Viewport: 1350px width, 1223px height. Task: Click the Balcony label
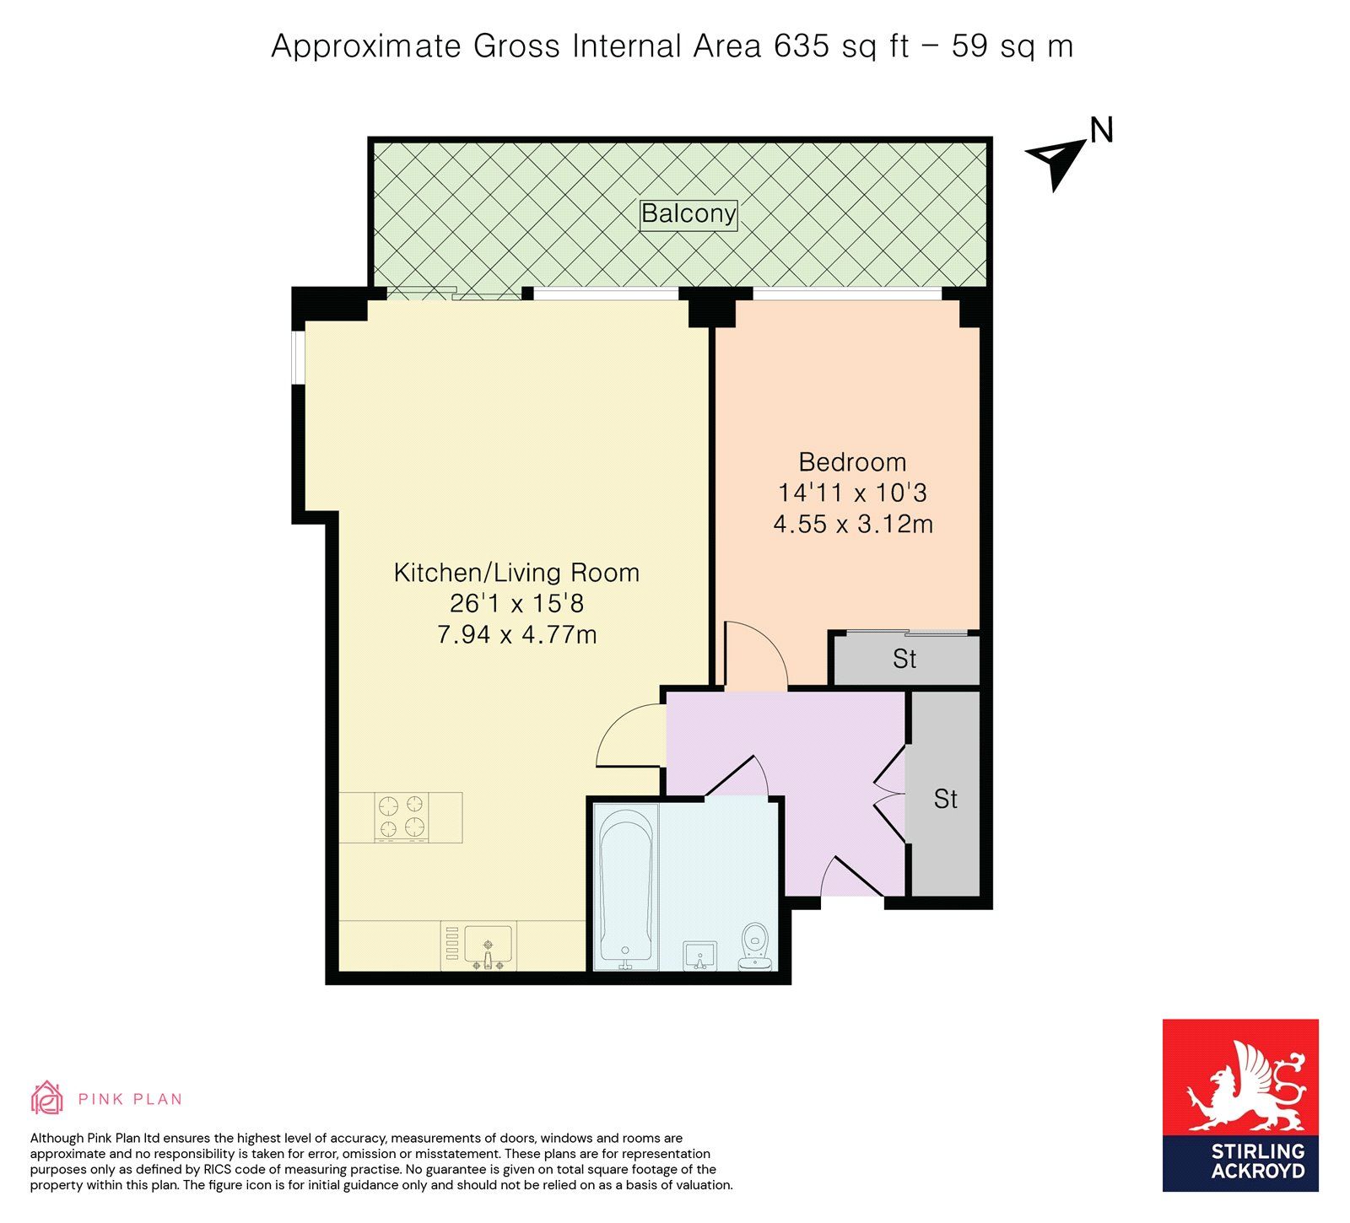click(688, 213)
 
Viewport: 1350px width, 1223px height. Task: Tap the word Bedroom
click(852, 462)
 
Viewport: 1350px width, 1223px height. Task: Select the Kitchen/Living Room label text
click(516, 573)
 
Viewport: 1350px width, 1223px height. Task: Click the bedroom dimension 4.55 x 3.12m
click(853, 524)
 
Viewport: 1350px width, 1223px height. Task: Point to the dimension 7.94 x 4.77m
click(516, 634)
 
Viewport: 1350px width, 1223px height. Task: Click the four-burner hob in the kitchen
click(402, 817)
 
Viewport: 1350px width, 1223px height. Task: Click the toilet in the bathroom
click(754, 946)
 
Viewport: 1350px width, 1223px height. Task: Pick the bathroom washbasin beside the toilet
click(699, 955)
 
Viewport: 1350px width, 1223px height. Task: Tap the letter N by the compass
click(1102, 130)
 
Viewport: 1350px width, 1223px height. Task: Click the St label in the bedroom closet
click(904, 659)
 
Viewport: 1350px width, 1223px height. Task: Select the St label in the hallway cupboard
click(946, 799)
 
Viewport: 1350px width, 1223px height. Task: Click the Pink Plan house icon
click(47, 1097)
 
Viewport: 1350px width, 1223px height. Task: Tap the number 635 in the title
click(802, 46)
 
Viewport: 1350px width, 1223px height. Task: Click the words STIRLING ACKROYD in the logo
click(1258, 1161)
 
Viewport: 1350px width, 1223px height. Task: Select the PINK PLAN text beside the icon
click(130, 1099)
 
